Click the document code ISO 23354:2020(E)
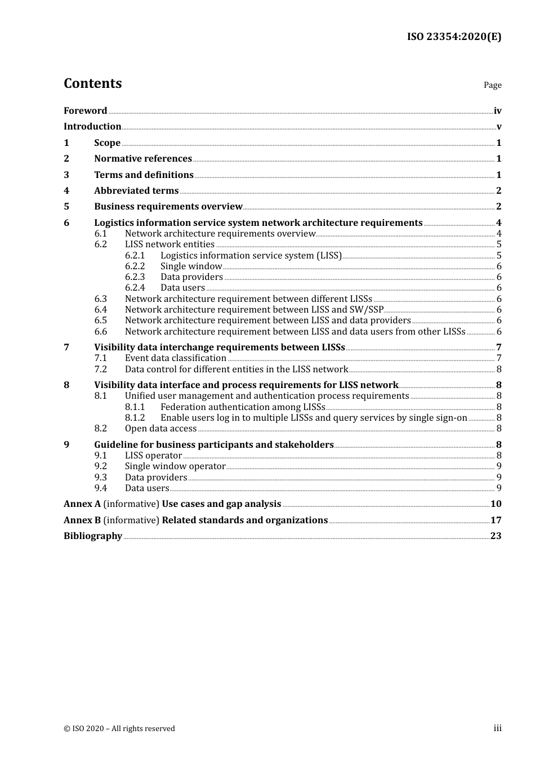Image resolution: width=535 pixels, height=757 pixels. coord(454,37)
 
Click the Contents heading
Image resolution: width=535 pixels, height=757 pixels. coord(92,83)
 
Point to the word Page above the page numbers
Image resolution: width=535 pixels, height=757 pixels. coord(492,85)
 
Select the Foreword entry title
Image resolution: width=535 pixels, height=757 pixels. coord(85,111)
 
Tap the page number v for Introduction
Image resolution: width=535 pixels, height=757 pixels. coord(498,127)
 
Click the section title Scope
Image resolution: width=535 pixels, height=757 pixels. coord(107,143)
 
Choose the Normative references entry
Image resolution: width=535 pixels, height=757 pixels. coord(142,159)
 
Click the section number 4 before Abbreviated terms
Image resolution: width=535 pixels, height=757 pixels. coord(66,191)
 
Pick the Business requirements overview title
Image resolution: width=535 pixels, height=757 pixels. coord(168,207)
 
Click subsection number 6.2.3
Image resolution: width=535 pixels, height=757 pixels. coord(135,277)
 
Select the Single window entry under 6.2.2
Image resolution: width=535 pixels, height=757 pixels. coord(191,266)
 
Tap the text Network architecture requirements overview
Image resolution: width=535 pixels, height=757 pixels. coord(220,234)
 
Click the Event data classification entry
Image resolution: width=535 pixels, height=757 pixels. coord(175,358)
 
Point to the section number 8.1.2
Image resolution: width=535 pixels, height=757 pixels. coord(135,418)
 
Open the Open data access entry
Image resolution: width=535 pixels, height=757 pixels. coord(160,429)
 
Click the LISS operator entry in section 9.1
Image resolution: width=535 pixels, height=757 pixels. coord(153,456)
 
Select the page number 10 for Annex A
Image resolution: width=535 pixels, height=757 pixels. coord(496,504)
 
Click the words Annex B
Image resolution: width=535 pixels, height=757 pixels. coord(82,520)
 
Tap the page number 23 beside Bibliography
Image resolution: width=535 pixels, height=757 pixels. coord(496,536)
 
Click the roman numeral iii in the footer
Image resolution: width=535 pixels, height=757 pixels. coord(497,728)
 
